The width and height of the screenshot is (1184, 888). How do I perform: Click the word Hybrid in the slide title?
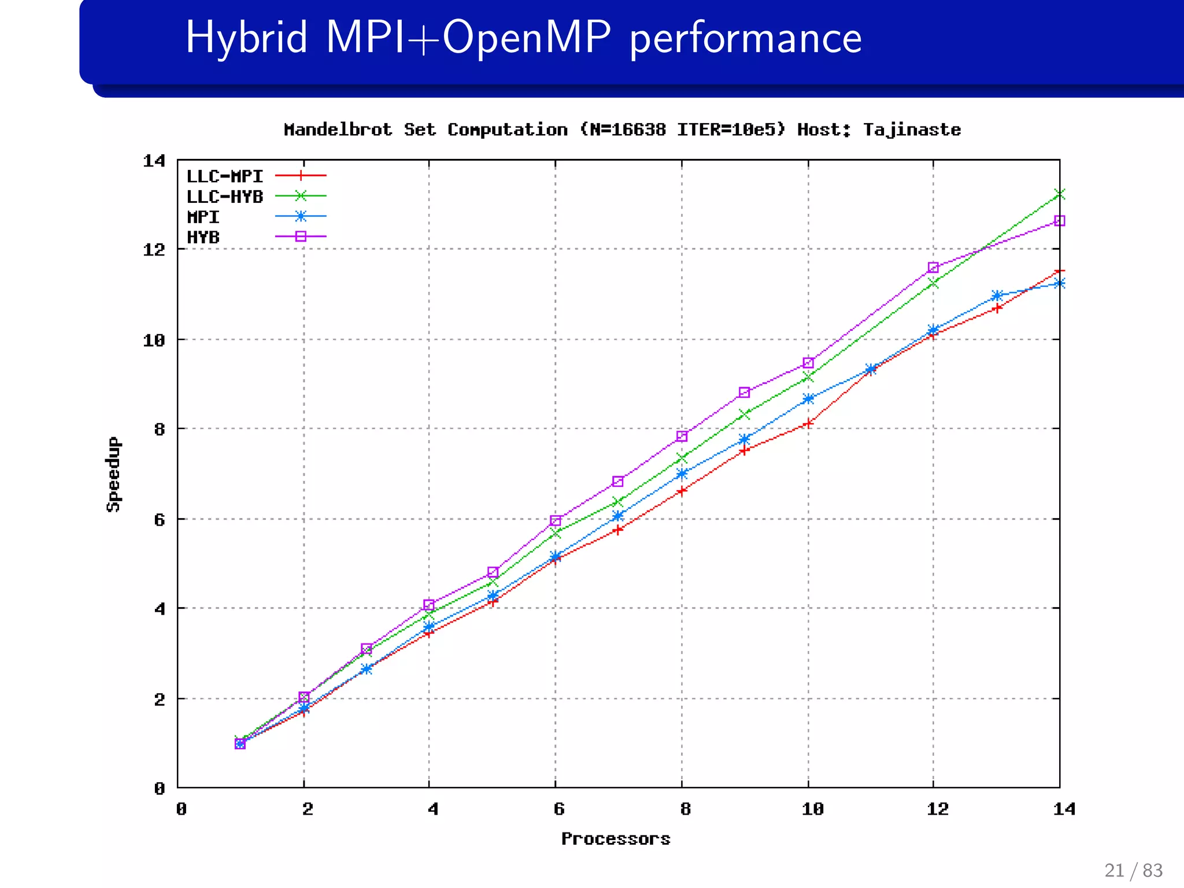coord(246,38)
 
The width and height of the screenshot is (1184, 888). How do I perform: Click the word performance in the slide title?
coord(746,38)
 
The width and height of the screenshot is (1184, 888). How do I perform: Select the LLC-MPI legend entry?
coord(224,176)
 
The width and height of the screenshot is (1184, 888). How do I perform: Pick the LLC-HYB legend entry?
coord(224,197)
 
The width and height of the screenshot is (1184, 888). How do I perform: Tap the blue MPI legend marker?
coord(301,217)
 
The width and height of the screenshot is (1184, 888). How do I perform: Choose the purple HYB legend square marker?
coord(301,236)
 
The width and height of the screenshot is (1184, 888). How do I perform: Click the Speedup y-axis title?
coord(114,474)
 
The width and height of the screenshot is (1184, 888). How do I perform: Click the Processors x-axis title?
coord(616,838)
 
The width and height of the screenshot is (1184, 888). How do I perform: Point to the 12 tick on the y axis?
coord(154,250)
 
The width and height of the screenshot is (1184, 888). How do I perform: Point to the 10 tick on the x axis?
coord(813,809)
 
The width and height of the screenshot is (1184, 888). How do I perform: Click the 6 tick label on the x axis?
coord(558,809)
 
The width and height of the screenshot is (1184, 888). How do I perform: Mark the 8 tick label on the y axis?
coord(160,429)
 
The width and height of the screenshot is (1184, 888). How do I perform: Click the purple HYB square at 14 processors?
coord(1059,221)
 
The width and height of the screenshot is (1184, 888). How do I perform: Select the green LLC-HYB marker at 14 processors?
coord(1059,194)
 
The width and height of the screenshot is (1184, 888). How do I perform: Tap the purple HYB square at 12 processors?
coord(933,267)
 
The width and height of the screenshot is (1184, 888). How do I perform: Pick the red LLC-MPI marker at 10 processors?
coord(808,423)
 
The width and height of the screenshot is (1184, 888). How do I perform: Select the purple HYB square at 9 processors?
coord(745,393)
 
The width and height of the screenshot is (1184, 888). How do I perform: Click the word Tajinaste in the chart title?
coord(912,129)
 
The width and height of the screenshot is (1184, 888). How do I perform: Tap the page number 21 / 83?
coord(1133,870)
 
